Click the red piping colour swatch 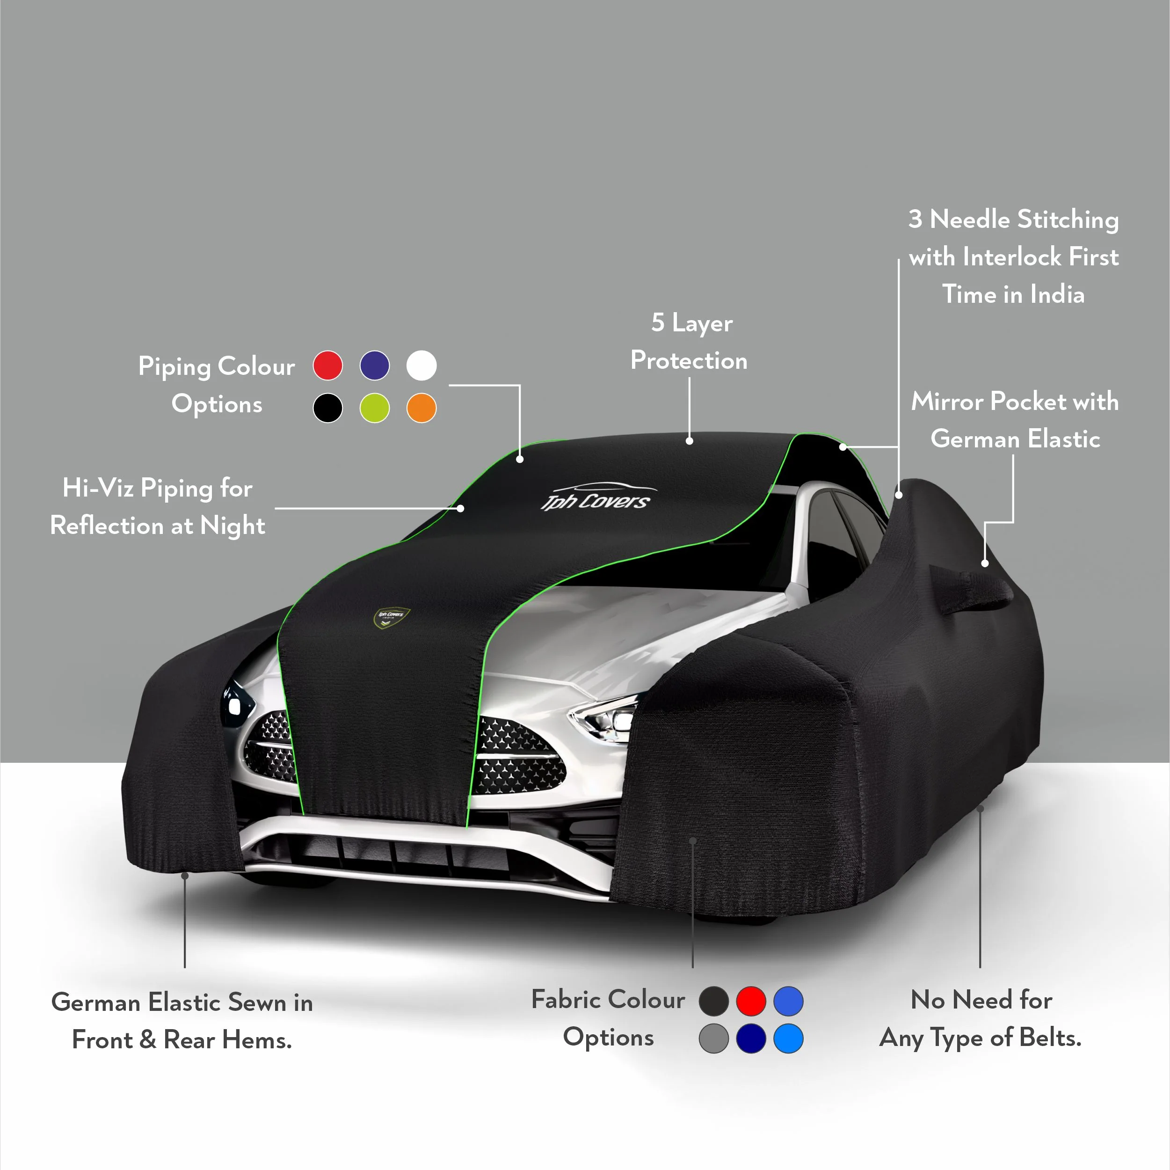coord(327,366)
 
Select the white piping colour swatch coord(421,366)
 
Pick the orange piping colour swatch coord(421,408)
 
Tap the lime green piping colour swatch coord(375,408)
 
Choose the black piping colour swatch coord(327,408)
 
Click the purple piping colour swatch coord(375,366)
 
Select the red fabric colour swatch coord(751,1001)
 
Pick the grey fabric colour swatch coord(714,1038)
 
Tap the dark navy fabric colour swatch coord(751,1038)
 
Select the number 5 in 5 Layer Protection coord(658,322)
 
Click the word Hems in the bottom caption coord(257,1040)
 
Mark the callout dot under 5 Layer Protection coord(689,441)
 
